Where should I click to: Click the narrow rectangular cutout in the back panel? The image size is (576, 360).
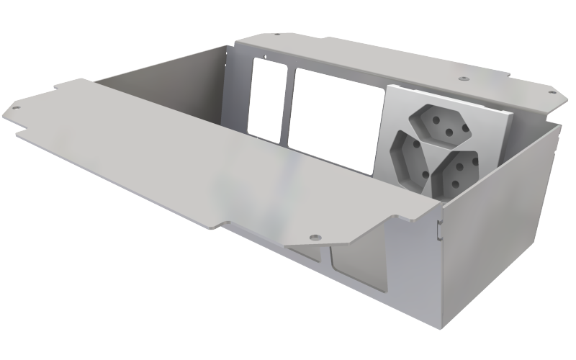point(268,100)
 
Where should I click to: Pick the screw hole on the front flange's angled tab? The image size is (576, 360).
point(315,235)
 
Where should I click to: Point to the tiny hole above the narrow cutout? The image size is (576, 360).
point(266,55)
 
